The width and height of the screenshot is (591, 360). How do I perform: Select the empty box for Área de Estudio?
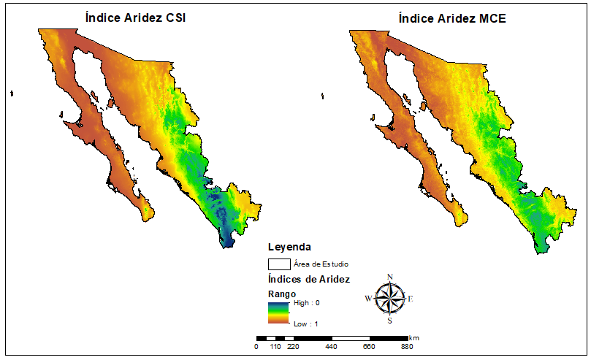pos(279,264)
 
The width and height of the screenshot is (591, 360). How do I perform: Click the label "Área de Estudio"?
pos(321,264)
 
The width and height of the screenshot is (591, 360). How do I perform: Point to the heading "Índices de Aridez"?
pos(309,280)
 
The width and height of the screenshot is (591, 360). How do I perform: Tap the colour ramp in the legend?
pos(278,312)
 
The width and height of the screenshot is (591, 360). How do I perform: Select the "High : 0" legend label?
pos(306,302)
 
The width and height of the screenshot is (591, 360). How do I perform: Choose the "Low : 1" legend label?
pos(305,322)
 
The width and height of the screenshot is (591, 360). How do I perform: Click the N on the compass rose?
pos(390,276)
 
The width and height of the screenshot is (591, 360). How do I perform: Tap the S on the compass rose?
pos(389,320)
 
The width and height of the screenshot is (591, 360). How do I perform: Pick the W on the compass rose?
pos(367,298)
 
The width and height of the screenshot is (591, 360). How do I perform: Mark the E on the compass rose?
pos(411,298)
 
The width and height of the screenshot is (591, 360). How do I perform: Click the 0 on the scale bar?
pos(256,348)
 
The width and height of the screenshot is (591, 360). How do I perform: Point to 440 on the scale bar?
pos(330,348)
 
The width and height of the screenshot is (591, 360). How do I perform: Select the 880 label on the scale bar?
pos(407,348)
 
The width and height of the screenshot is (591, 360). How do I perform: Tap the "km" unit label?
pos(414,338)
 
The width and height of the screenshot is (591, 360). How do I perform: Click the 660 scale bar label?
pos(369,348)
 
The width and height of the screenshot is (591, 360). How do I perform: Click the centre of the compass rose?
pos(389,298)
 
